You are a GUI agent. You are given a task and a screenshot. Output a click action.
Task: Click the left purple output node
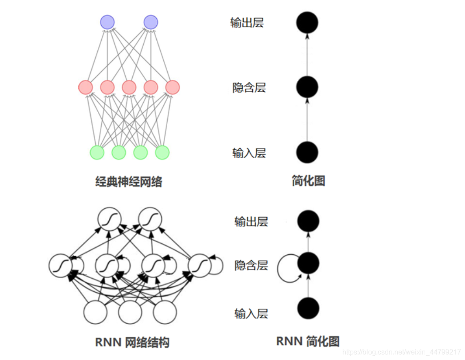107,22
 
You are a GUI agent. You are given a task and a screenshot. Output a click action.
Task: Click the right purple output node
150,22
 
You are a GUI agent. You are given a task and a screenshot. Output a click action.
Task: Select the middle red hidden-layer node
129,87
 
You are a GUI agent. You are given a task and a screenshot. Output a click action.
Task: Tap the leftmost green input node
97,152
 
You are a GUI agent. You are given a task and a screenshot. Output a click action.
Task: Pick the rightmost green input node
162,152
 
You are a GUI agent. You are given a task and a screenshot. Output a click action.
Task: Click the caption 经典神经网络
129,182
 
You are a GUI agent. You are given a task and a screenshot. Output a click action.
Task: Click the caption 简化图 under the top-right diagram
308,181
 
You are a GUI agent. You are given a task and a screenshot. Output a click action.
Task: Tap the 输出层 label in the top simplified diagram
247,23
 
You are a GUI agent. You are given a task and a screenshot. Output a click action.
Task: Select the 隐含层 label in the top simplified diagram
249,88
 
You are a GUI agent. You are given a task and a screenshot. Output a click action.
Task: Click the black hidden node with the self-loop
308,263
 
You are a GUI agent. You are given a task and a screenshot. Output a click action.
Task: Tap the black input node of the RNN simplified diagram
308,308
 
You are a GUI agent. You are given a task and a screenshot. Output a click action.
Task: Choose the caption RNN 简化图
308,341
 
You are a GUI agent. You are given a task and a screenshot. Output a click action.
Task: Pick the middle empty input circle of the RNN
130,312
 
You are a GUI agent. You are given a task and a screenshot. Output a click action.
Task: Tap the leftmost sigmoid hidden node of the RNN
60,265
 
